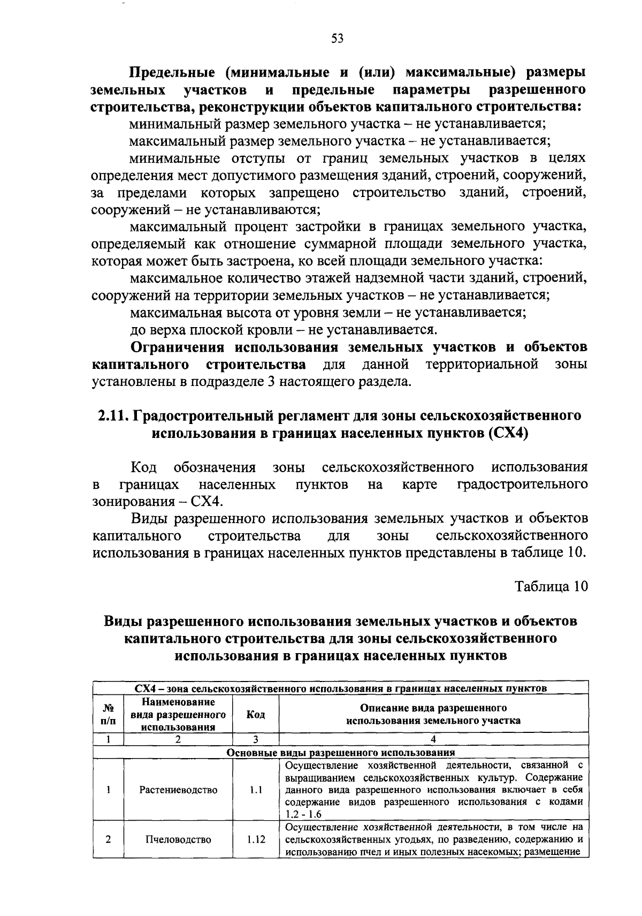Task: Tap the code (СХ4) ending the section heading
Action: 508,433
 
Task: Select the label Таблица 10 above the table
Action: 551,586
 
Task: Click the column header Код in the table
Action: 255,715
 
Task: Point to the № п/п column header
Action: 108,715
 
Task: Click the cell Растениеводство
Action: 178,790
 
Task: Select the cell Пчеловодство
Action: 178,839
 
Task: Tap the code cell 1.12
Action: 256,839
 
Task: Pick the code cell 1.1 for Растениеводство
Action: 256,790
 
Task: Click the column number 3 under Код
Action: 256,739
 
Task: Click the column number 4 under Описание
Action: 433,739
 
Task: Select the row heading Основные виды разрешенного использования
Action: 340,752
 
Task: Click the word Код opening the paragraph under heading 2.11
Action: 143,467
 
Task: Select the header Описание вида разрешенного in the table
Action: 433,708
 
